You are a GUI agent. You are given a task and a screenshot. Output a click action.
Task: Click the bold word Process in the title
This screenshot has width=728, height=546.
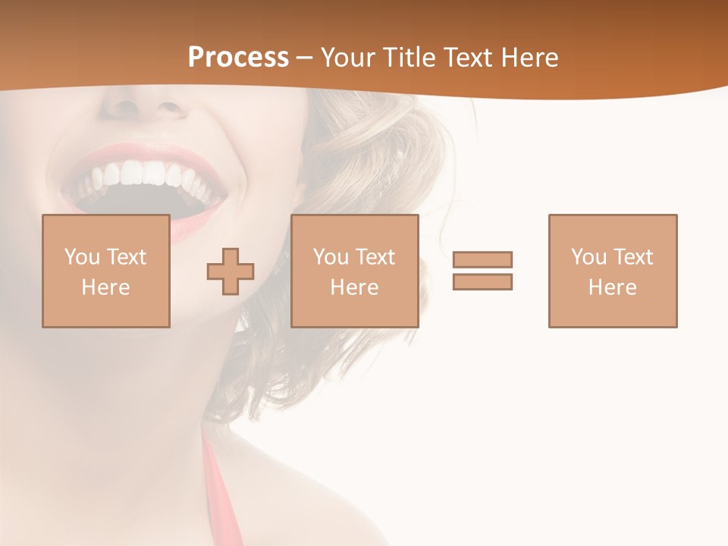(x=238, y=58)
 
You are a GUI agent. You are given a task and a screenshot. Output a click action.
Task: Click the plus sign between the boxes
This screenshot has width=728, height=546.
(x=231, y=271)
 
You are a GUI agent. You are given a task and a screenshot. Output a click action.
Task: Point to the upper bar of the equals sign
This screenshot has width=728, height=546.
(x=482, y=259)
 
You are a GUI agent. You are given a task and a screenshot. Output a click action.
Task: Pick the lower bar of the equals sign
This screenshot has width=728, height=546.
(x=482, y=281)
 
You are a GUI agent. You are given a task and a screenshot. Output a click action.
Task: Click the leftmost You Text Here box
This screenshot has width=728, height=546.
(x=106, y=271)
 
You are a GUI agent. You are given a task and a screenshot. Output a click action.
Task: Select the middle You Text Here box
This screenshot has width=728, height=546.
(x=354, y=271)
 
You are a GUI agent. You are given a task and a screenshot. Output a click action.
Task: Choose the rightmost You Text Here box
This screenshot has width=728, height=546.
(x=613, y=271)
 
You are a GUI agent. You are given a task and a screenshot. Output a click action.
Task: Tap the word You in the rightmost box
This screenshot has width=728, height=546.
(x=588, y=257)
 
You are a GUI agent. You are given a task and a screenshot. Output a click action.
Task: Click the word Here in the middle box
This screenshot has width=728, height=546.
(x=354, y=287)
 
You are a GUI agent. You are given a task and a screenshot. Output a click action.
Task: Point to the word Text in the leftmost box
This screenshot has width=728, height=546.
(x=127, y=257)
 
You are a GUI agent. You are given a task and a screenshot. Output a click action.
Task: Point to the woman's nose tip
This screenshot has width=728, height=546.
(x=144, y=102)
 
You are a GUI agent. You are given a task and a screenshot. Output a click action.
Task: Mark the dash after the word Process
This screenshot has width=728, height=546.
(x=305, y=58)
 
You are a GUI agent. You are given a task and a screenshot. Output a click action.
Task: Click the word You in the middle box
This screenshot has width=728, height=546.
(x=330, y=257)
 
